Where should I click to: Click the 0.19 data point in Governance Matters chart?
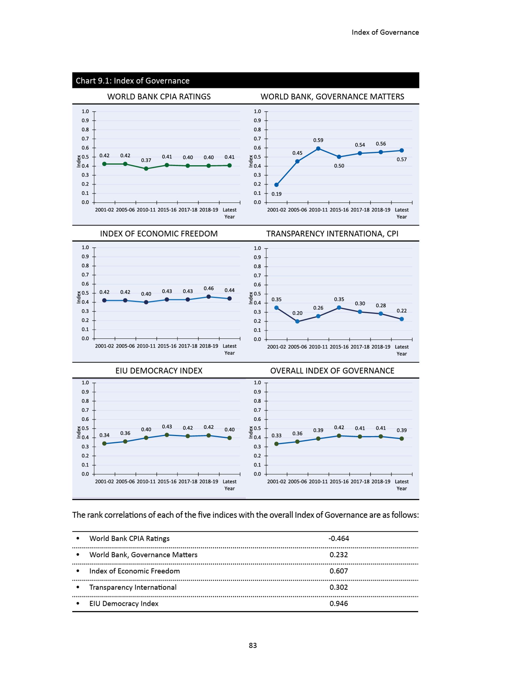pyautogui.click(x=276, y=185)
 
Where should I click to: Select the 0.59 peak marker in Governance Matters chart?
pyautogui.click(x=318, y=149)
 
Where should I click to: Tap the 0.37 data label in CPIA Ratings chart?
pyautogui.click(x=146, y=160)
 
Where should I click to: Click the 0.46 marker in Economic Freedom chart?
pyautogui.click(x=208, y=297)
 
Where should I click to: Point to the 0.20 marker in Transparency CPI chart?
pyautogui.click(x=297, y=321)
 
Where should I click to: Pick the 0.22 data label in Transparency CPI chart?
pyautogui.click(x=402, y=311)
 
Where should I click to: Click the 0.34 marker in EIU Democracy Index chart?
pyautogui.click(x=104, y=443)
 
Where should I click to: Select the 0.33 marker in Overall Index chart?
pyautogui.click(x=276, y=444)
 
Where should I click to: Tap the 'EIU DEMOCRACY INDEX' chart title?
pyautogui.click(x=159, y=371)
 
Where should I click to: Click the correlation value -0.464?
pyautogui.click(x=339, y=538)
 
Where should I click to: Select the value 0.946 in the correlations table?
pyautogui.click(x=339, y=603)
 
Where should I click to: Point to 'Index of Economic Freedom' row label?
pyautogui.click(x=134, y=571)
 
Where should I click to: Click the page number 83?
pyautogui.click(x=253, y=645)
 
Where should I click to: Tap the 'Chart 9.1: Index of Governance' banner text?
pyautogui.click(x=133, y=80)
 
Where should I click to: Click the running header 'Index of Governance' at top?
pyautogui.click(x=385, y=32)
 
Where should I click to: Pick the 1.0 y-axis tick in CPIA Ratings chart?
pyautogui.click(x=85, y=112)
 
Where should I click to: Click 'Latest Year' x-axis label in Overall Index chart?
pyautogui.click(x=402, y=485)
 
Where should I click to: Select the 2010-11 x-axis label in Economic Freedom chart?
pyautogui.click(x=146, y=346)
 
